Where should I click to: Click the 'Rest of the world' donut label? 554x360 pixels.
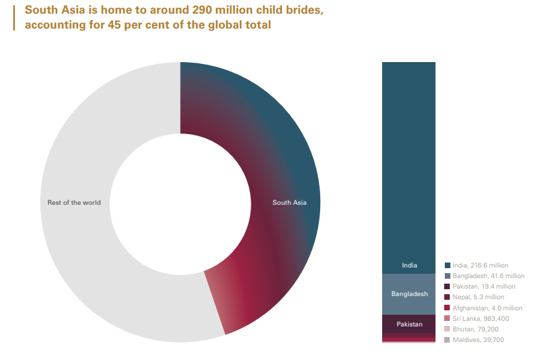[74, 202]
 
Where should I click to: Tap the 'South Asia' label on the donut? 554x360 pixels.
[289, 202]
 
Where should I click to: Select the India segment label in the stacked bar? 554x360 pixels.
[409, 265]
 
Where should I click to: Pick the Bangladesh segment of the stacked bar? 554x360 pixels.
[409, 294]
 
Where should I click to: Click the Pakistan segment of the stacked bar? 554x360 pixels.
[409, 324]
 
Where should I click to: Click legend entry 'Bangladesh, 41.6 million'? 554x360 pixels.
[488, 276]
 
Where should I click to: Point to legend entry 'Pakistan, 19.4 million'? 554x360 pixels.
[484, 287]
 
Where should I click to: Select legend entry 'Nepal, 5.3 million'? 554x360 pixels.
[478, 297]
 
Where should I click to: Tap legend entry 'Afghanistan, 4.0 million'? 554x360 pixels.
[487, 308]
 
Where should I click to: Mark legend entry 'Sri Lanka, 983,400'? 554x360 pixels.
[480, 318]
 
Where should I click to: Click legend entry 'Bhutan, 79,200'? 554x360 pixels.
[475, 329]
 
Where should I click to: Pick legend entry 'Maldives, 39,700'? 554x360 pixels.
[478, 340]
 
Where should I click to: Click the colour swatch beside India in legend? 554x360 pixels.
[447, 265]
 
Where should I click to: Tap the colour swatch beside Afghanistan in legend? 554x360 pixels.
[447, 308]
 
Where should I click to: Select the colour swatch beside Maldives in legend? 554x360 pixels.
[447, 340]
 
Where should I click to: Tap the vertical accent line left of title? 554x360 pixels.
[13, 18]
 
